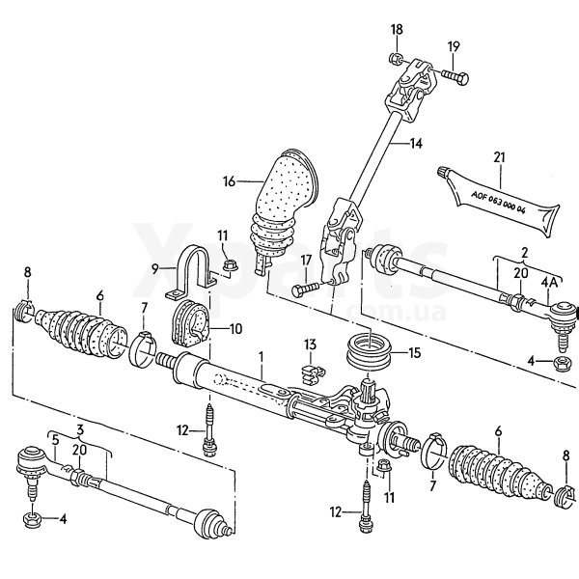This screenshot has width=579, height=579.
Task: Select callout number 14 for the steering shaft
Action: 416,144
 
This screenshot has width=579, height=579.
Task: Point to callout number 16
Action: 229,180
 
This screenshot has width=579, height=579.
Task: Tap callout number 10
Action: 235,328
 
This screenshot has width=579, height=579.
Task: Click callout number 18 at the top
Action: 396,30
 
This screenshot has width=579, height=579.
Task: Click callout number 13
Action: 310,345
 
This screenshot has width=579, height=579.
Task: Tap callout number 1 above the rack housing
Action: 261,355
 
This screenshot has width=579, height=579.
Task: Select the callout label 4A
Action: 549,281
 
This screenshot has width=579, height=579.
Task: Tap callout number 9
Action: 154,270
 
